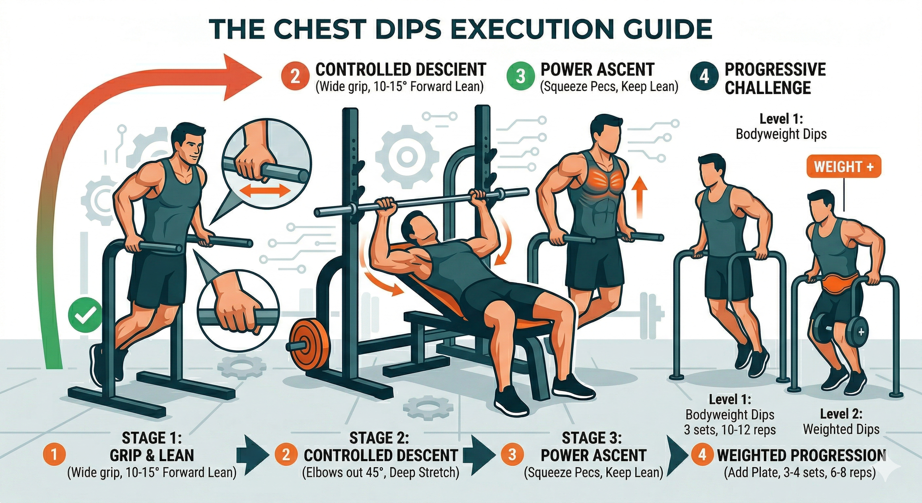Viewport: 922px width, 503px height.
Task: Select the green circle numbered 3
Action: (520, 77)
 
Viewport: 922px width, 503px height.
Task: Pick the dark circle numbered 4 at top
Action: (704, 77)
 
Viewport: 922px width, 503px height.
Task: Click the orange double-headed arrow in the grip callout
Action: (264, 191)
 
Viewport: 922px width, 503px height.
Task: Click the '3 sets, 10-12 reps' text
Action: (730, 430)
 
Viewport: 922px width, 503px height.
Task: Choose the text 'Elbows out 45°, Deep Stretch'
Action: (381, 473)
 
